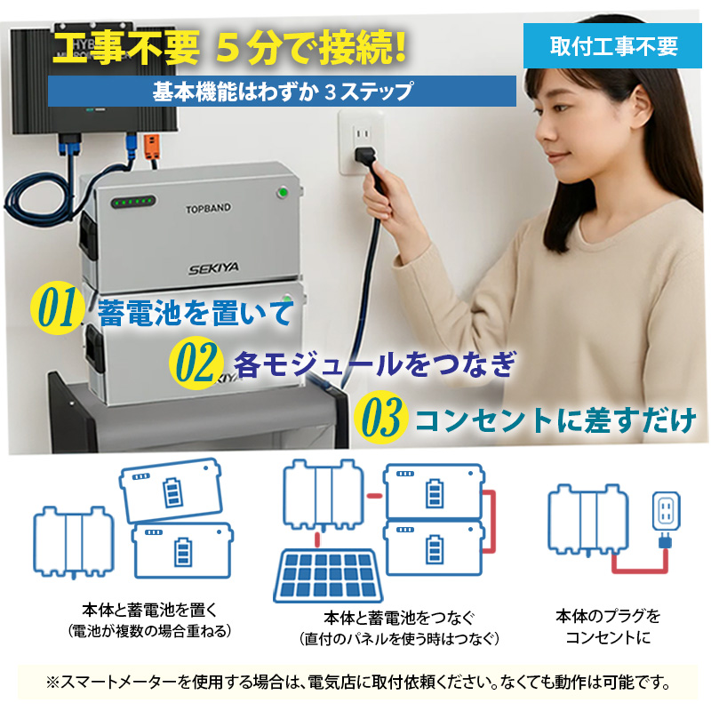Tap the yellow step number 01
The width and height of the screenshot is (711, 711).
click(x=57, y=307)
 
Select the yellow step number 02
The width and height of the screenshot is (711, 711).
click(x=194, y=362)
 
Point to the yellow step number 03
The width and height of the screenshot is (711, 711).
click(x=380, y=417)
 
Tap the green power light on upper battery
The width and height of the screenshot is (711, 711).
click(x=284, y=191)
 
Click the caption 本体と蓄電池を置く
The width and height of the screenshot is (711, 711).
click(x=149, y=611)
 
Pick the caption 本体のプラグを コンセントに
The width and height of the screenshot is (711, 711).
click(x=608, y=626)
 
